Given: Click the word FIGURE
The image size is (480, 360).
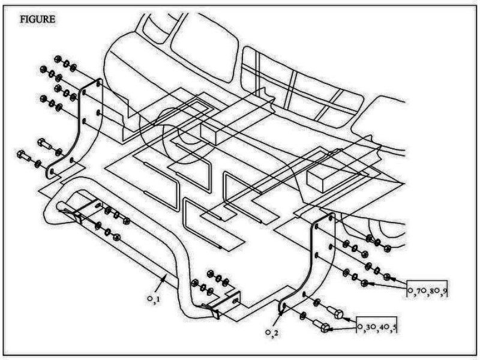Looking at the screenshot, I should coord(38,19).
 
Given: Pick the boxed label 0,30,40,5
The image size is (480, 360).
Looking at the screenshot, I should coord(377,327).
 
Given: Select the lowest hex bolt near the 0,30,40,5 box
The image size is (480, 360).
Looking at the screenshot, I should coord(323,328).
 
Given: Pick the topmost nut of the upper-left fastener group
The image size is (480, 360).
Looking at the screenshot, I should coord(59,59).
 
